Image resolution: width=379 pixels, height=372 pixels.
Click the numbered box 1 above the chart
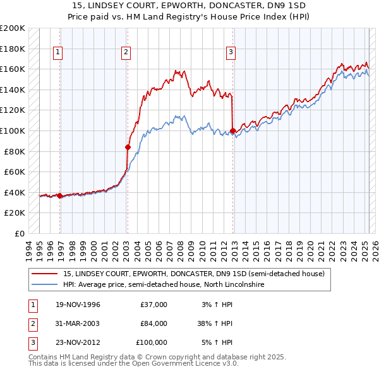[x=57, y=52]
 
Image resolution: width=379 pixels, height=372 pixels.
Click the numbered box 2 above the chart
[x=126, y=52]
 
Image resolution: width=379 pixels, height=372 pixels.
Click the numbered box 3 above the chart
[x=231, y=52]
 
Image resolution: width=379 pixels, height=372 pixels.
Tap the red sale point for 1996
[x=59, y=195]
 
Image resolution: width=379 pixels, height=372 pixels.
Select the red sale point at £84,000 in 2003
[x=128, y=147]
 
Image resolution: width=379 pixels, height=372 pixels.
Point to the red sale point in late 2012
[x=233, y=131]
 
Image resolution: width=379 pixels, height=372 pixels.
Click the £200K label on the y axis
[x=13, y=28]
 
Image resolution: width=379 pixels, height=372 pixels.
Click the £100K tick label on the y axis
[x=13, y=131]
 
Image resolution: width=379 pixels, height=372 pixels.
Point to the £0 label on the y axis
[x=18, y=233]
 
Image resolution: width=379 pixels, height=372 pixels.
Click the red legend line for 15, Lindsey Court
[x=45, y=274]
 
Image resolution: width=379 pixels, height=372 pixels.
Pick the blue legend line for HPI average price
[x=45, y=285]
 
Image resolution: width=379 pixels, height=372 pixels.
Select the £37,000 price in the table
[x=153, y=305]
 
